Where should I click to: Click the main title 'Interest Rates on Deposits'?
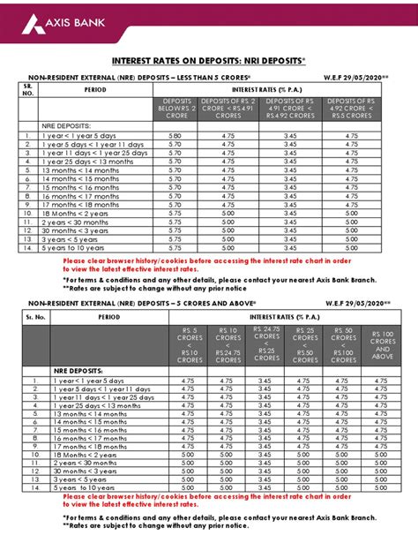209,62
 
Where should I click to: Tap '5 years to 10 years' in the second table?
83,486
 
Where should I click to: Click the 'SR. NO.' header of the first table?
26,90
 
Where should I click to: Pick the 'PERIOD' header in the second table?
109,315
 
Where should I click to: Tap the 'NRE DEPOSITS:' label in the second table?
78,371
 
